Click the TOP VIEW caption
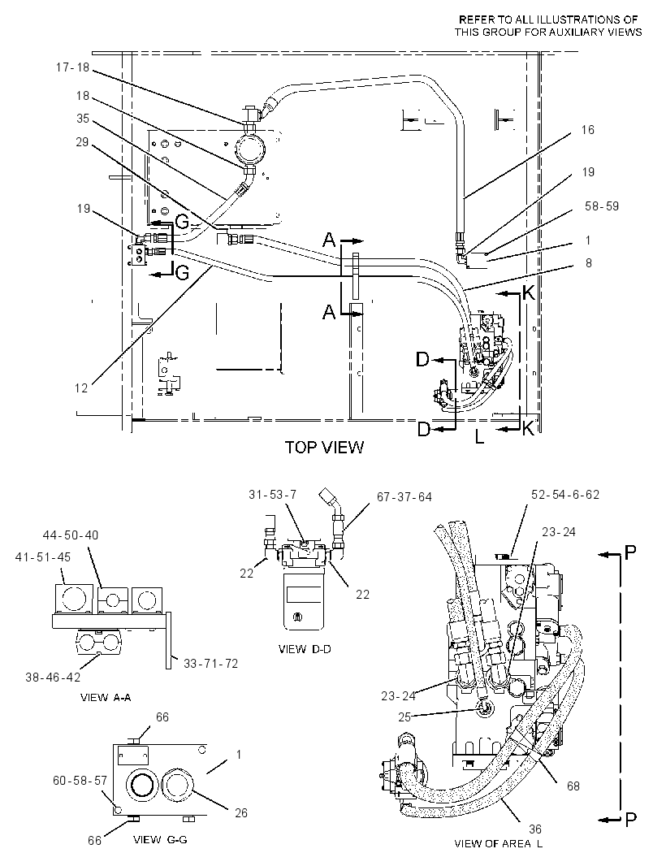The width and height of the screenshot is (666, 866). point(324,447)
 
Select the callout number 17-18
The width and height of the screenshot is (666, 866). point(72,67)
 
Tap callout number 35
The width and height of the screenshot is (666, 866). point(83,118)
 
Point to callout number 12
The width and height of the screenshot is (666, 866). point(81,388)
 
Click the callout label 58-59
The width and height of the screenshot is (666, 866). point(602,206)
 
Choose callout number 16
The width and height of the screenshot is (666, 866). point(587,130)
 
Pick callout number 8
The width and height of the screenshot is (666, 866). point(589,262)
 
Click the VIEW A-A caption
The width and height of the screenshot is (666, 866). point(106,698)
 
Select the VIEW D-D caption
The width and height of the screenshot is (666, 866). point(305,649)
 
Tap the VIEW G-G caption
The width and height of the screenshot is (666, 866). point(160,839)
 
